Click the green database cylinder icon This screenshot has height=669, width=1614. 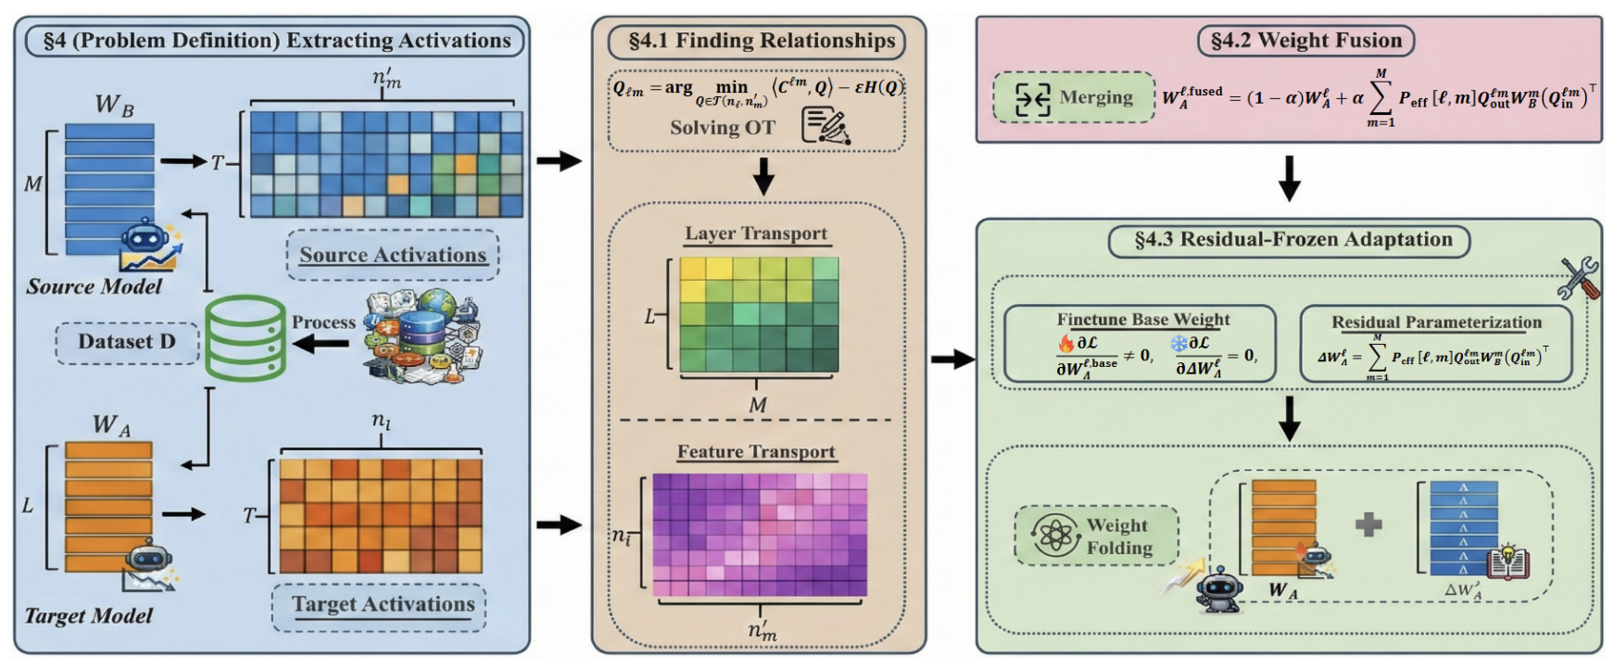[245, 338]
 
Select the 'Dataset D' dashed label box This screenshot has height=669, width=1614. [127, 342]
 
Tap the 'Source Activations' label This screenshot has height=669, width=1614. [393, 256]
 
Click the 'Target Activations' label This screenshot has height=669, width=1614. [383, 605]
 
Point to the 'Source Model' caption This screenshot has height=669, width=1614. [94, 287]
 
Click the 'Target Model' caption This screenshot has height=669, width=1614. [89, 616]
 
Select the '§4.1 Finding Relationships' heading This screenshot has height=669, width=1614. [761, 42]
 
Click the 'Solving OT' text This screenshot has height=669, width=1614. [723, 128]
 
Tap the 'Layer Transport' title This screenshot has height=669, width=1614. [756, 234]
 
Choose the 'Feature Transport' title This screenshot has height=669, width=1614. [756, 452]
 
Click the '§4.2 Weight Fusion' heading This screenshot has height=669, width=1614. [1305, 41]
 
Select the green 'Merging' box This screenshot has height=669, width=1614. [1074, 97]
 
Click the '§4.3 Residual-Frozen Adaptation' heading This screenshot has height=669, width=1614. [1292, 240]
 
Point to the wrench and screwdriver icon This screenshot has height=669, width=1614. [1579, 278]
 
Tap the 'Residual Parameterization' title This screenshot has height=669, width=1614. [1436, 322]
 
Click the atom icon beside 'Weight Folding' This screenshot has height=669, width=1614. [1055, 536]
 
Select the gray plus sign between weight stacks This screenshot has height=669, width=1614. [1368, 524]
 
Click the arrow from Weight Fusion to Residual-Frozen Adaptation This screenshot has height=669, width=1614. [1289, 179]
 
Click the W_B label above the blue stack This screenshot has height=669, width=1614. [115, 106]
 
